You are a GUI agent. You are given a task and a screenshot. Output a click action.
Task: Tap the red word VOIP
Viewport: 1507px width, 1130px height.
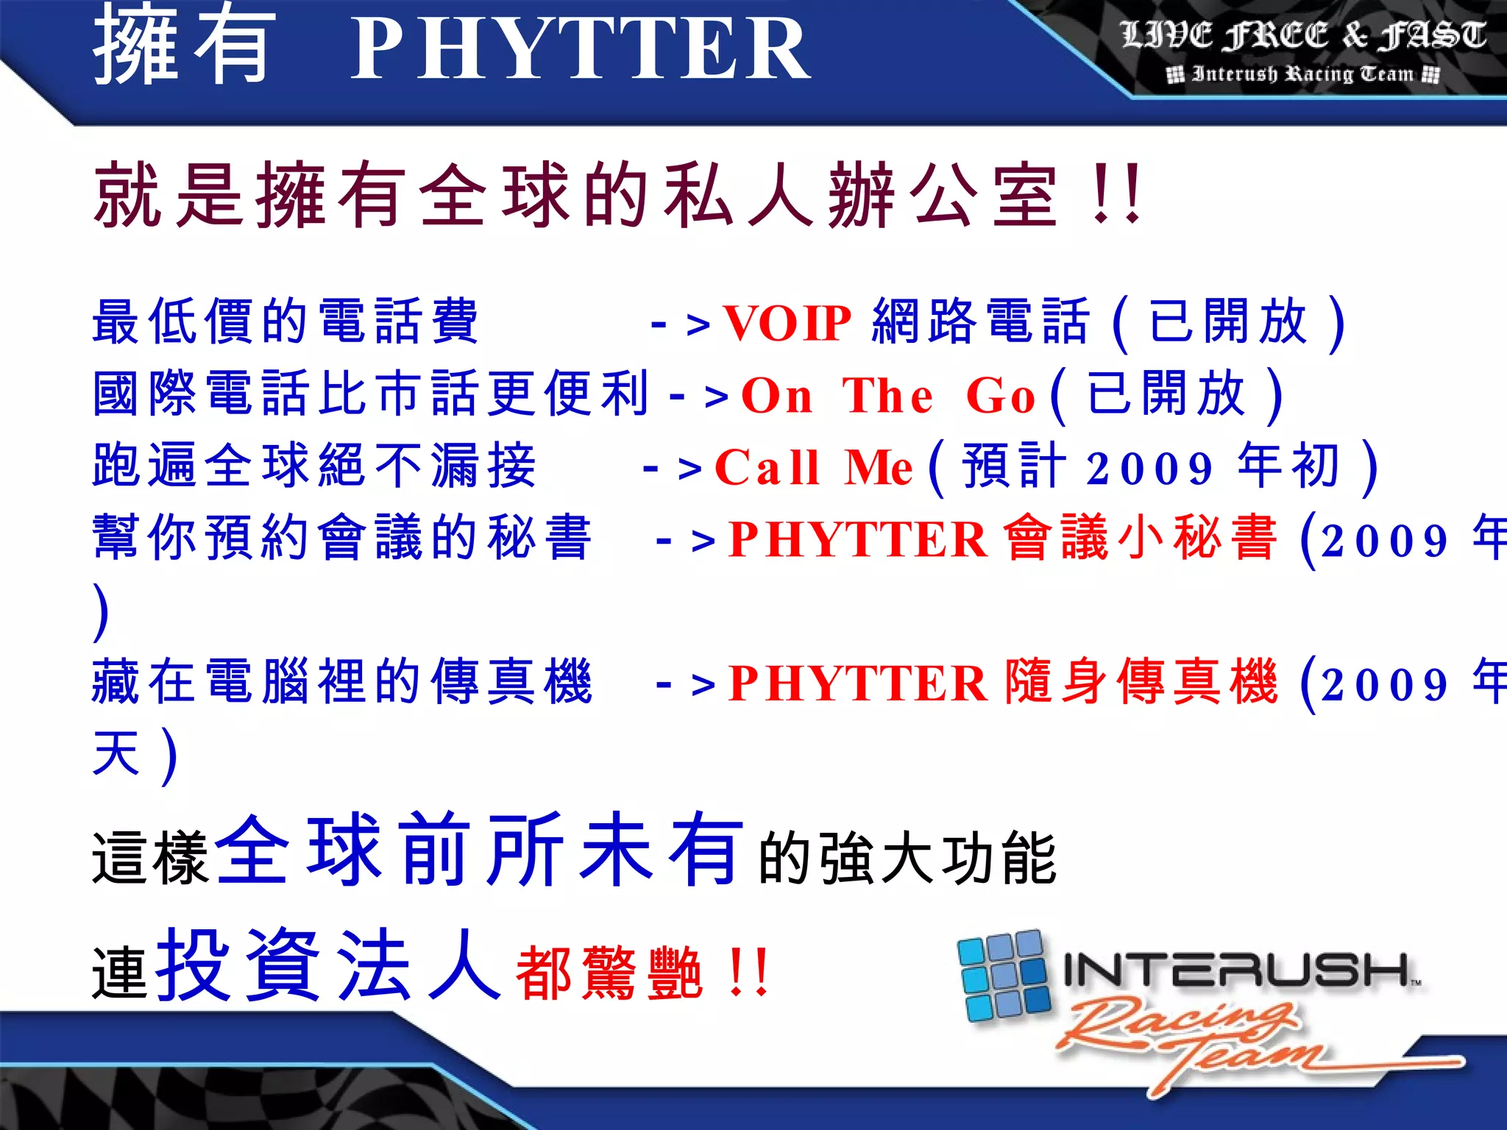coord(787,323)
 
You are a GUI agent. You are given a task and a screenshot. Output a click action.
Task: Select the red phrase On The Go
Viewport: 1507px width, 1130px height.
coord(887,396)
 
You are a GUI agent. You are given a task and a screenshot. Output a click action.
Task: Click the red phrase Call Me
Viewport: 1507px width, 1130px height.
coord(813,467)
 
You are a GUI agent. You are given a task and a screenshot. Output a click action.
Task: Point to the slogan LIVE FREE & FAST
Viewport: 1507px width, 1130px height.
coord(1303,35)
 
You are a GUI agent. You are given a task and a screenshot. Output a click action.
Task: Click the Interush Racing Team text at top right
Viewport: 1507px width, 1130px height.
coord(1302,74)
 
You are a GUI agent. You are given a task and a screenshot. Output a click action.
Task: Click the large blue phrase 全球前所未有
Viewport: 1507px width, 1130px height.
coord(478,851)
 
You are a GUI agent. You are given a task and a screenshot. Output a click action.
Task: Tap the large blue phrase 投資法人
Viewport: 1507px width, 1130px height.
coord(329,964)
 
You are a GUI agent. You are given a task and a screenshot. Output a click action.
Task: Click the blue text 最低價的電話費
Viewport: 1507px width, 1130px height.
coord(286,321)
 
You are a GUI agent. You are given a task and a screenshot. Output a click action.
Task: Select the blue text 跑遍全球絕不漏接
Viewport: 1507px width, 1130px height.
coord(314,466)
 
